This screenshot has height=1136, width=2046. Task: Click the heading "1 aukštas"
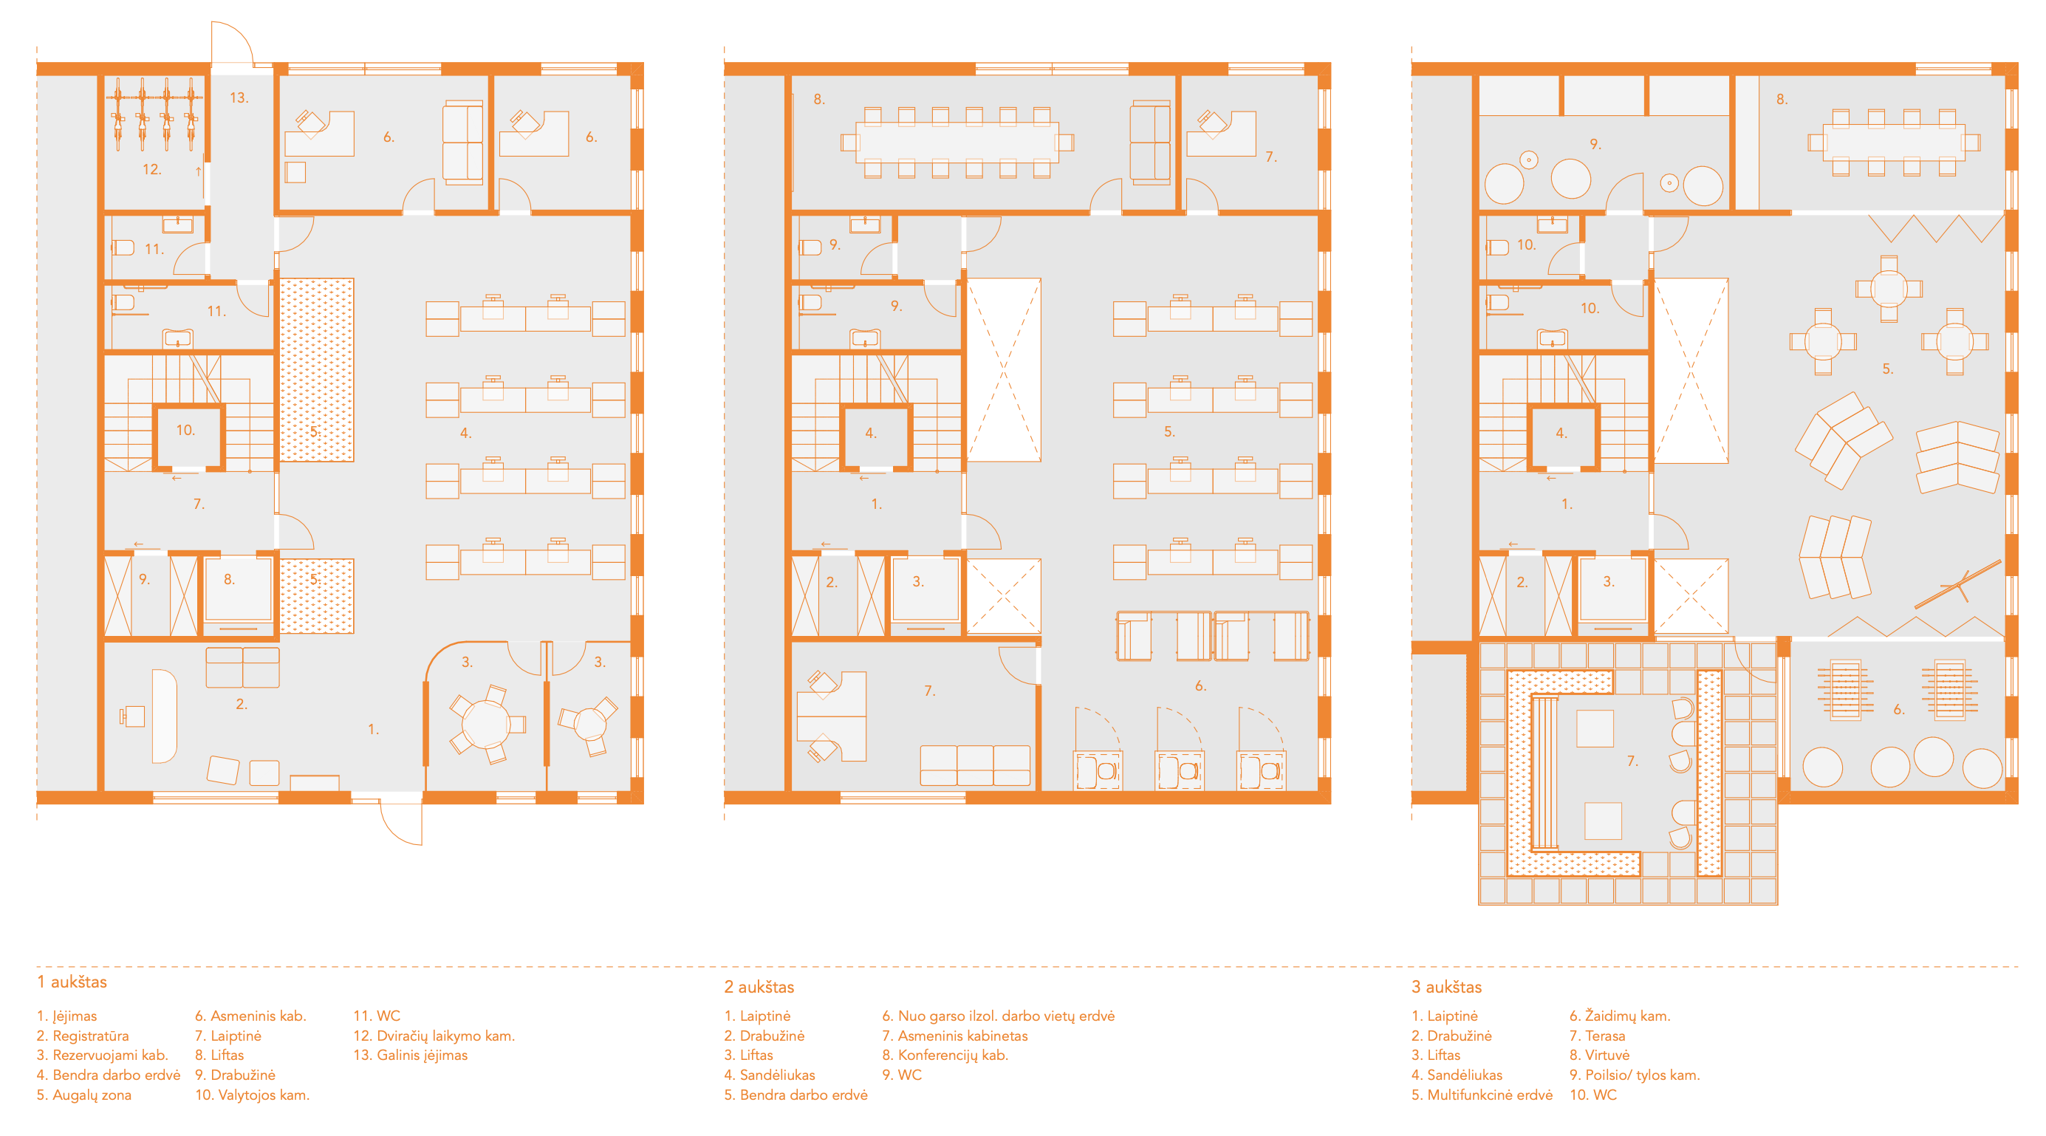click(72, 982)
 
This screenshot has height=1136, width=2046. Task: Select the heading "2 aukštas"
click(759, 987)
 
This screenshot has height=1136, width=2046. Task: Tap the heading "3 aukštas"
click(1446, 987)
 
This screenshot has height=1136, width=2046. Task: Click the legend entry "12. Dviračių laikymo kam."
click(434, 1036)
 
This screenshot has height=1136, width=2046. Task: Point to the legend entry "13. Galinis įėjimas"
click(410, 1055)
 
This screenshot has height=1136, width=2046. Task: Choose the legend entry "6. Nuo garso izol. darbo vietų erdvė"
click(999, 1016)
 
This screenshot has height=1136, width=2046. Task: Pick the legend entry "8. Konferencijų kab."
click(945, 1055)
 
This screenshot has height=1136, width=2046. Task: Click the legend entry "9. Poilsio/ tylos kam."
click(1635, 1075)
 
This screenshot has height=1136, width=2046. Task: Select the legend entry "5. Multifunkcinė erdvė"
click(1482, 1095)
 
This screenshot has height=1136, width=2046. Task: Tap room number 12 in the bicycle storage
click(151, 169)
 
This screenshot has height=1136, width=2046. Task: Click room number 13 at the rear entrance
click(239, 97)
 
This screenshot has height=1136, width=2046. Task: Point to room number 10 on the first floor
click(185, 430)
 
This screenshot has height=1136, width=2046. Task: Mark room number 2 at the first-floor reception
click(242, 704)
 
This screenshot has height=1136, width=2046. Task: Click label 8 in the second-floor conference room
click(819, 99)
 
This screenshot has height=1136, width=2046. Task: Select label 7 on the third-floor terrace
click(1632, 761)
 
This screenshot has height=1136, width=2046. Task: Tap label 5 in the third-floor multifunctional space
click(1887, 369)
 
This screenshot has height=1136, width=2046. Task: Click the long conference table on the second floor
click(957, 143)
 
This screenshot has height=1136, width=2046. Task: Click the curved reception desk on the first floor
click(164, 716)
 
